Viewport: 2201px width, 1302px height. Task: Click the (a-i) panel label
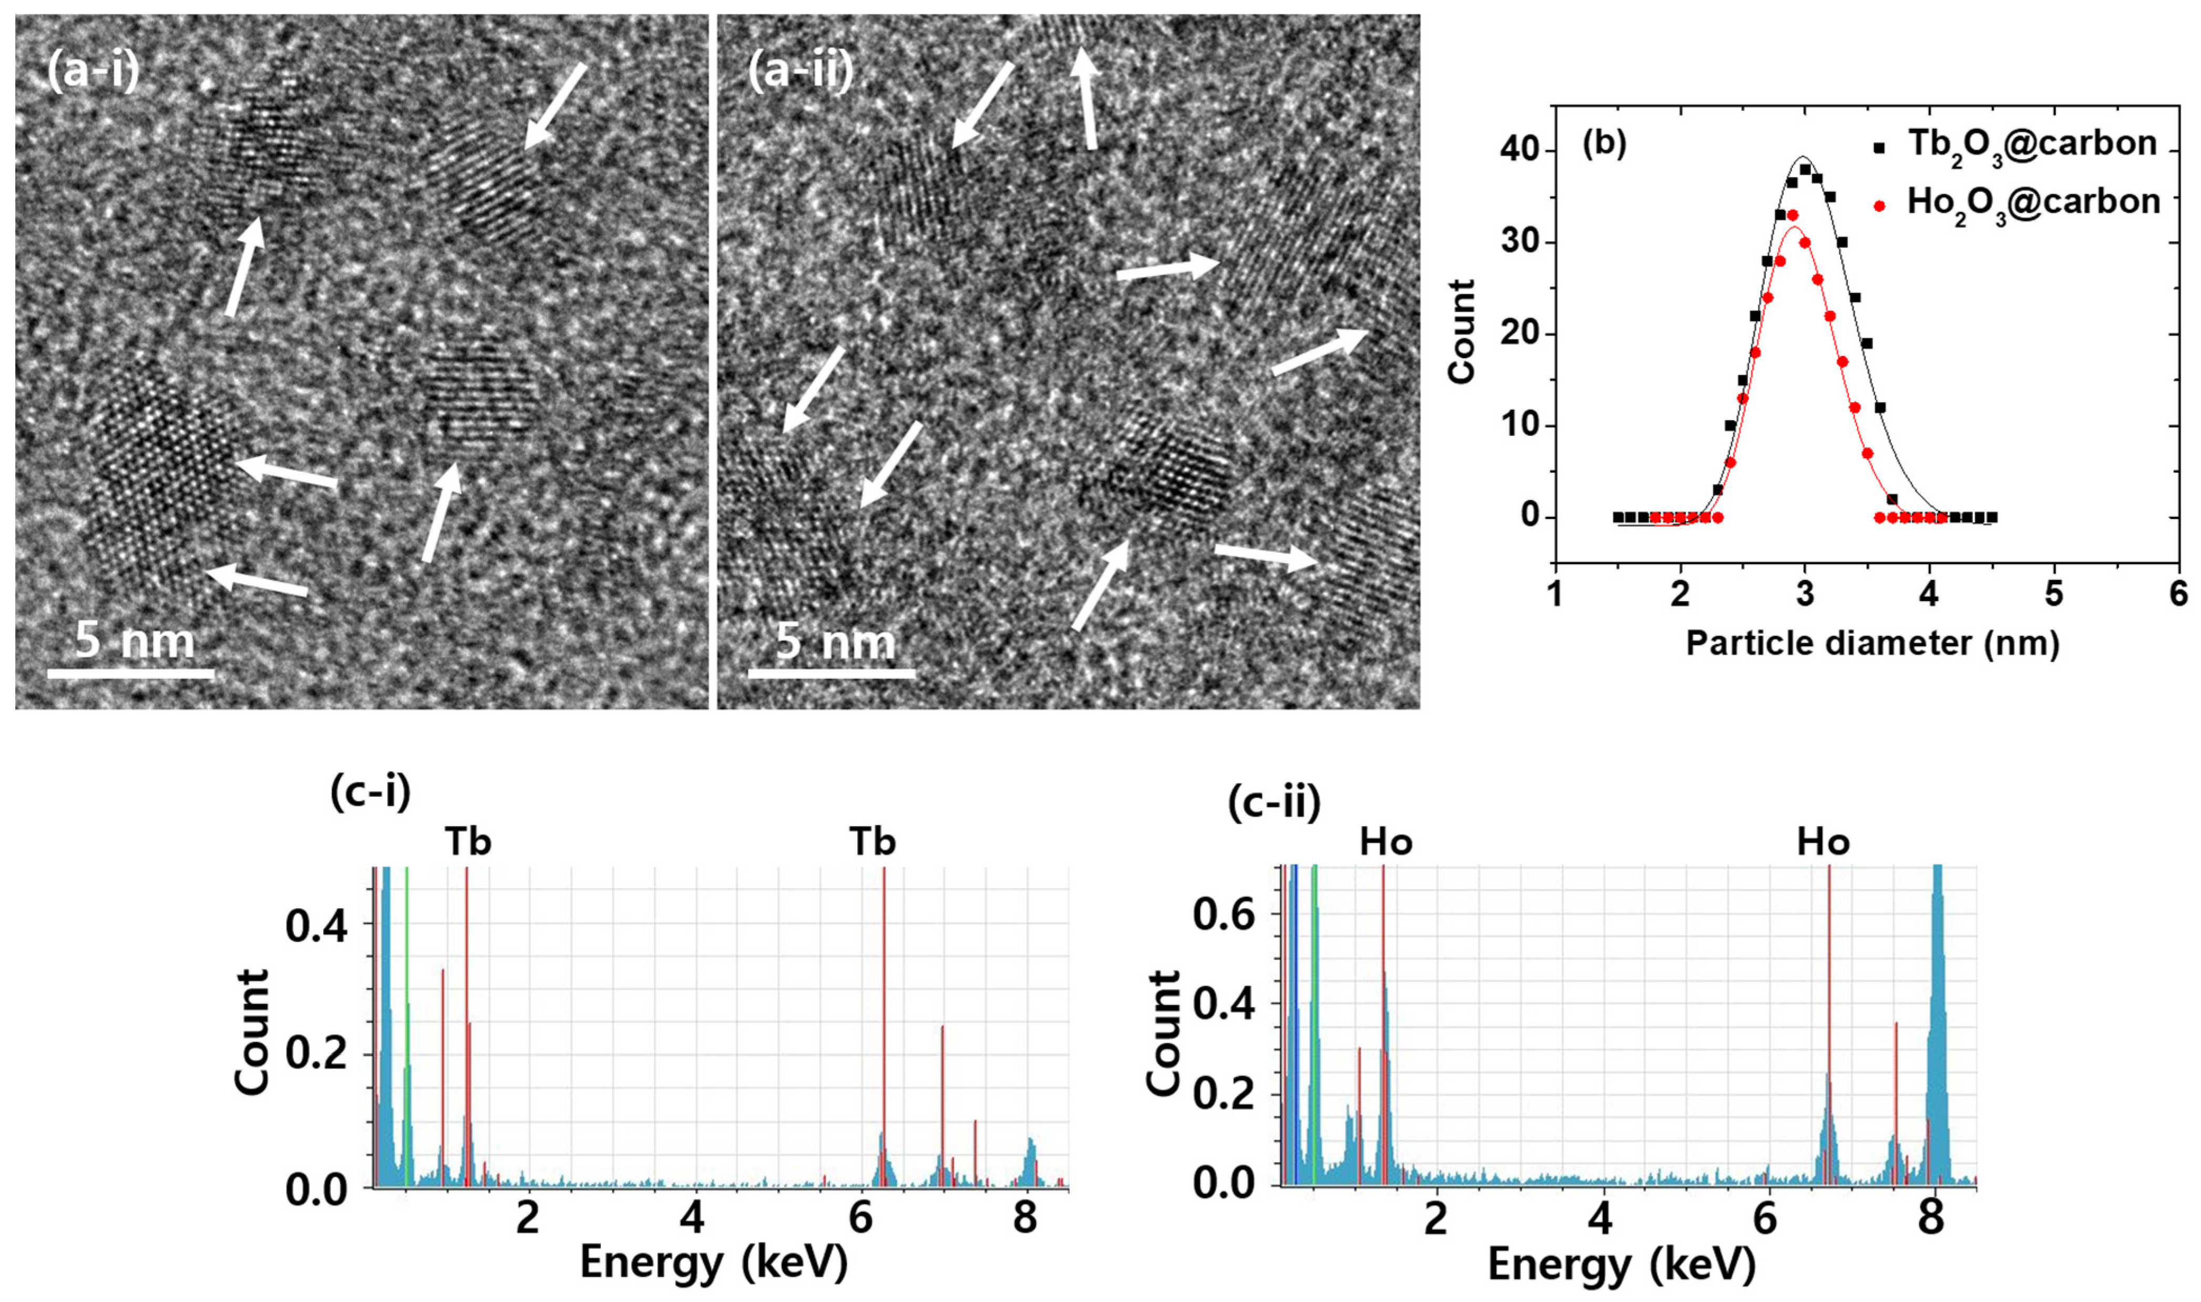coord(92,69)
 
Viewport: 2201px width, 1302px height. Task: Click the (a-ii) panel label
coord(800,69)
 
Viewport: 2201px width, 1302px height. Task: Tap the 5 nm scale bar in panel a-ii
coord(831,673)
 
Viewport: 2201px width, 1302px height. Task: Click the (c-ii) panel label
coord(1273,803)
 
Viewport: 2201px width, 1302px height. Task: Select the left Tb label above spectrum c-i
coord(467,842)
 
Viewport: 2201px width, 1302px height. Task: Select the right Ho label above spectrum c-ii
coord(1823,842)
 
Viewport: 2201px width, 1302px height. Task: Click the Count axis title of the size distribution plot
coord(1462,332)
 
